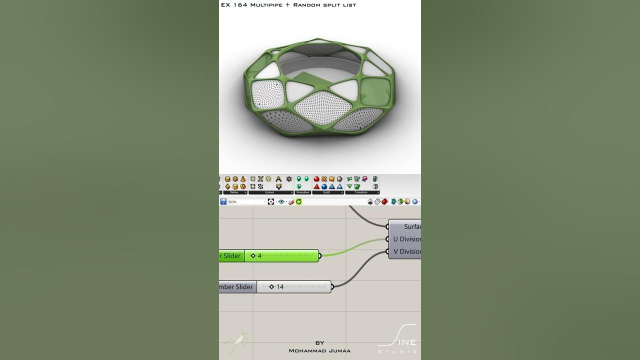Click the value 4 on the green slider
pyautogui.click(x=259, y=256)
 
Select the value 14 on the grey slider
pyautogui.click(x=280, y=287)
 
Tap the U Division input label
pyautogui.click(x=406, y=239)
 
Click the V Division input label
pyautogui.click(x=406, y=251)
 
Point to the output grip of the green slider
pyautogui.click(x=320, y=256)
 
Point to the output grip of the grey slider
pyautogui.click(x=332, y=287)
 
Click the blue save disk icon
pyautogui.click(x=223, y=201)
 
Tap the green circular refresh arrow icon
pyautogui.click(x=298, y=201)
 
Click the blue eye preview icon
pyautogui.click(x=281, y=201)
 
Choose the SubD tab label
pyautogui.click(x=326, y=192)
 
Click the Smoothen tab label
pyautogui.click(x=302, y=192)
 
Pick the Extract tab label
pyautogui.click(x=269, y=192)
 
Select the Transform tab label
pyautogui.click(x=361, y=192)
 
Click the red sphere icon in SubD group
pyautogui.click(x=316, y=179)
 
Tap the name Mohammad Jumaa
pyautogui.click(x=319, y=350)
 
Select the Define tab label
pyautogui.click(x=234, y=192)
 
